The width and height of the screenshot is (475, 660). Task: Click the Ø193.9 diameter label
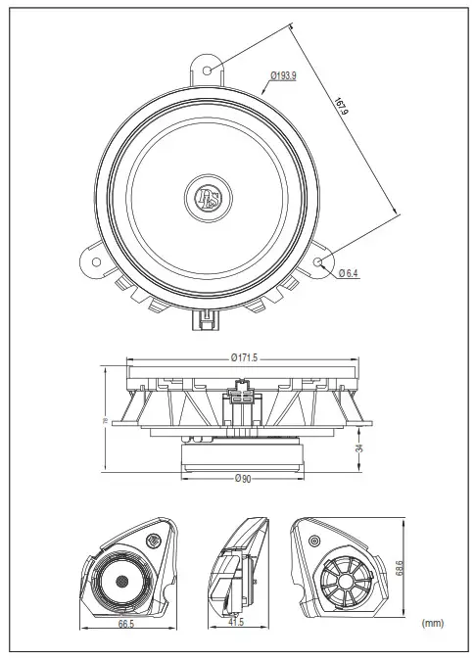[286, 74]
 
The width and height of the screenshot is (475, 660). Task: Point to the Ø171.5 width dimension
[245, 358]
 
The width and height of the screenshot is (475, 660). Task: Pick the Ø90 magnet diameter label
[244, 478]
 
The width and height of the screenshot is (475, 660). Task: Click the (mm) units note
[434, 621]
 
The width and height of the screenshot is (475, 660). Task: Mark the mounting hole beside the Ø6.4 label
[324, 261]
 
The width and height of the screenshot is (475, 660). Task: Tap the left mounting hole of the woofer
[95, 260]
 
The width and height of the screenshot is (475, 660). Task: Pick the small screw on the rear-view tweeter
[314, 541]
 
